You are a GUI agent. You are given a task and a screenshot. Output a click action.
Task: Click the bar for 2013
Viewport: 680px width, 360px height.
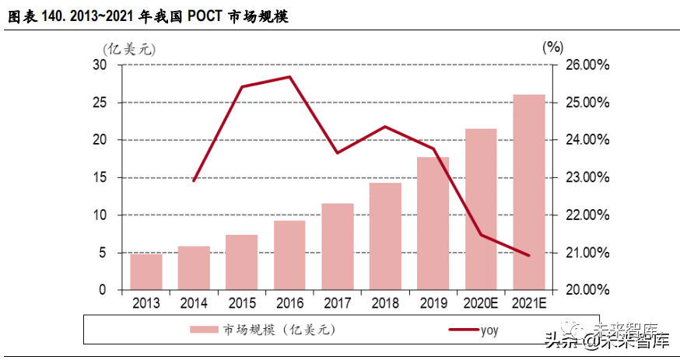point(145,272)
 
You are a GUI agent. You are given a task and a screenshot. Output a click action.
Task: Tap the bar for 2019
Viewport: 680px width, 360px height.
point(433,223)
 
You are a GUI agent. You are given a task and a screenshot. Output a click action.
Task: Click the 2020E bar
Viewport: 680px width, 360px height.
point(481,209)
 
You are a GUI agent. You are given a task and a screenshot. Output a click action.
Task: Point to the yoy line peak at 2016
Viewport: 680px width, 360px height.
point(289,77)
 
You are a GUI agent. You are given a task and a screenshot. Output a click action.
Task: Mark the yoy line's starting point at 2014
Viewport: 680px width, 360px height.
point(194,180)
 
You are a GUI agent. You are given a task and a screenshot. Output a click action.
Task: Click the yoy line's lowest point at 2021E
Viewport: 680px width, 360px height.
point(529,255)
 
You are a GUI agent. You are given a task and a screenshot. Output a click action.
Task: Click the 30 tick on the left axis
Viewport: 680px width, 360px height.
point(100,65)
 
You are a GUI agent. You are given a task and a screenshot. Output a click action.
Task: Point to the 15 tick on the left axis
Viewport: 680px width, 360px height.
point(100,177)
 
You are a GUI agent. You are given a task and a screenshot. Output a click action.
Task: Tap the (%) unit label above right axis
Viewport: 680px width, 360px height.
point(551,47)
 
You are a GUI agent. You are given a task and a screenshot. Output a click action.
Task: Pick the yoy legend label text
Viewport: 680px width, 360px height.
point(488,330)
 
